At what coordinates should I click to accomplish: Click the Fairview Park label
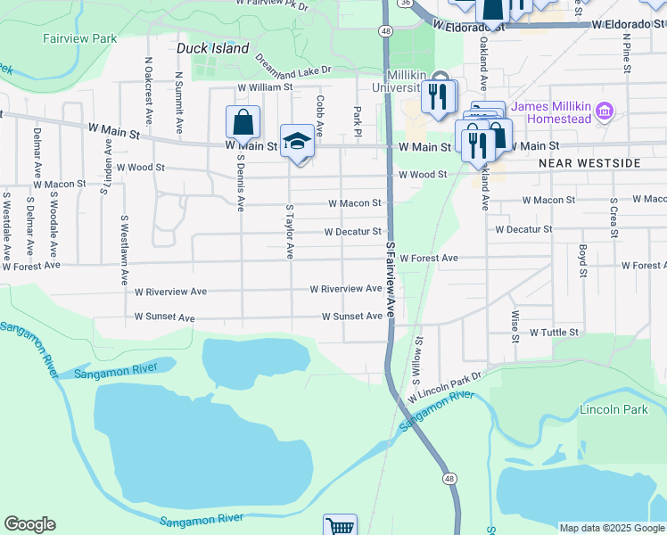click(x=79, y=39)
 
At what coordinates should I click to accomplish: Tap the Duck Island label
click(x=212, y=49)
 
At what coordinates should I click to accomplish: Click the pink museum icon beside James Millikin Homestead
click(x=605, y=111)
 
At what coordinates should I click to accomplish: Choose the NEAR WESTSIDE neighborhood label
click(x=589, y=164)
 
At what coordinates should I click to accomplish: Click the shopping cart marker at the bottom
click(x=340, y=526)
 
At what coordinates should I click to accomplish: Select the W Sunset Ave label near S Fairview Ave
click(x=352, y=317)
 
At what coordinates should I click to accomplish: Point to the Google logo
click(x=29, y=524)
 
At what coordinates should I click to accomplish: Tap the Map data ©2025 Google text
click(x=611, y=528)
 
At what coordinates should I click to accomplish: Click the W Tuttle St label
click(x=555, y=333)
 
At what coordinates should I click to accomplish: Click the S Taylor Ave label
click(x=289, y=231)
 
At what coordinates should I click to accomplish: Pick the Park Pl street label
click(x=357, y=116)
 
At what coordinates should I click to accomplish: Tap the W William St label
click(x=264, y=87)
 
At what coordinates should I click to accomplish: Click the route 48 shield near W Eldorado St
click(x=384, y=30)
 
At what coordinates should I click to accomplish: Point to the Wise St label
click(x=515, y=326)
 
